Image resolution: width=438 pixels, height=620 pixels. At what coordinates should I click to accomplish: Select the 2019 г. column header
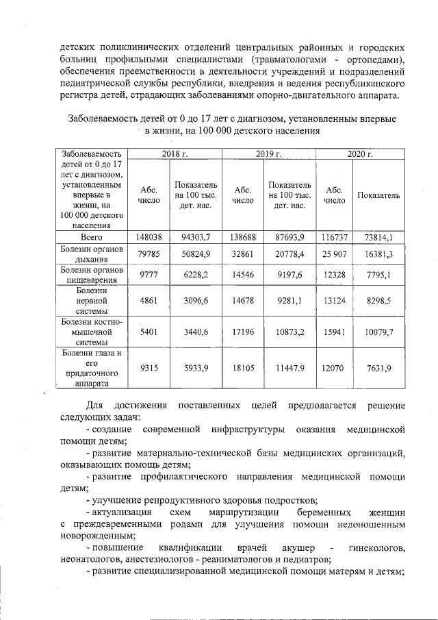(x=272, y=154)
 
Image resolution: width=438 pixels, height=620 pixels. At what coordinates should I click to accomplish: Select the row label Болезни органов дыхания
(x=91, y=254)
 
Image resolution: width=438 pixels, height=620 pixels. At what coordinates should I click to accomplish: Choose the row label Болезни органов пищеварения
(x=91, y=275)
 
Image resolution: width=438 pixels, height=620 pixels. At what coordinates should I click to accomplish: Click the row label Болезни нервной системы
(x=91, y=299)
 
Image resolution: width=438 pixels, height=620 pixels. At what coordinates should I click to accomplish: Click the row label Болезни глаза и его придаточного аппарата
(x=91, y=368)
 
